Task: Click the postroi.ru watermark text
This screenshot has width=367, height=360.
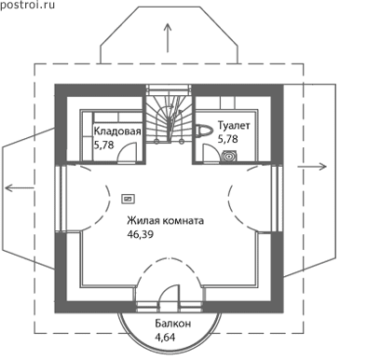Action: pyautogui.click(x=27, y=5)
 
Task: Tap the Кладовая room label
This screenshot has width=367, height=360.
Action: pyautogui.click(x=117, y=131)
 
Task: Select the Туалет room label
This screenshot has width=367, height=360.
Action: pyautogui.click(x=234, y=126)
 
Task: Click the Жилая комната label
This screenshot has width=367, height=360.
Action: pyautogui.click(x=165, y=221)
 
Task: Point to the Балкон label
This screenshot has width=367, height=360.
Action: pyautogui.click(x=173, y=324)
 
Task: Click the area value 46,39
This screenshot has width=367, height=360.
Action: pyautogui.click(x=140, y=234)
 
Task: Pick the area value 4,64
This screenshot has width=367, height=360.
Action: pyautogui.click(x=165, y=337)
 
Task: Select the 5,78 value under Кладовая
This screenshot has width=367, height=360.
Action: pyautogui.click(x=103, y=145)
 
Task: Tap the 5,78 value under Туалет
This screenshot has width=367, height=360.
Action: pyautogui.click(x=227, y=139)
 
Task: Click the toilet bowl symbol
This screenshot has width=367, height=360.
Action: pyautogui.click(x=203, y=131)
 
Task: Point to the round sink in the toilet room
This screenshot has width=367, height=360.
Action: pyautogui.click(x=229, y=156)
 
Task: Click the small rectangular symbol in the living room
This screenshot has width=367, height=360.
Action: pyautogui.click(x=129, y=199)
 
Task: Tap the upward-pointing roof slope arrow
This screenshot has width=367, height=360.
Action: pyautogui.click(x=168, y=37)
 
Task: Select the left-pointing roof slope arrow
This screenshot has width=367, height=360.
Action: pyautogui.click(x=20, y=187)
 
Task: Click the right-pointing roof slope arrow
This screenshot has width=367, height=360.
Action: pyautogui.click(x=312, y=167)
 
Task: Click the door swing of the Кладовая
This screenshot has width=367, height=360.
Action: pyautogui.click(x=127, y=152)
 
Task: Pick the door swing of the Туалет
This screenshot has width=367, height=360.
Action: pyautogui.click(x=211, y=154)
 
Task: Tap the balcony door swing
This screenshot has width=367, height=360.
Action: pyautogui.click(x=169, y=298)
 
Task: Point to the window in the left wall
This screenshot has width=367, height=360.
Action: pyautogui.click(x=61, y=198)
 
